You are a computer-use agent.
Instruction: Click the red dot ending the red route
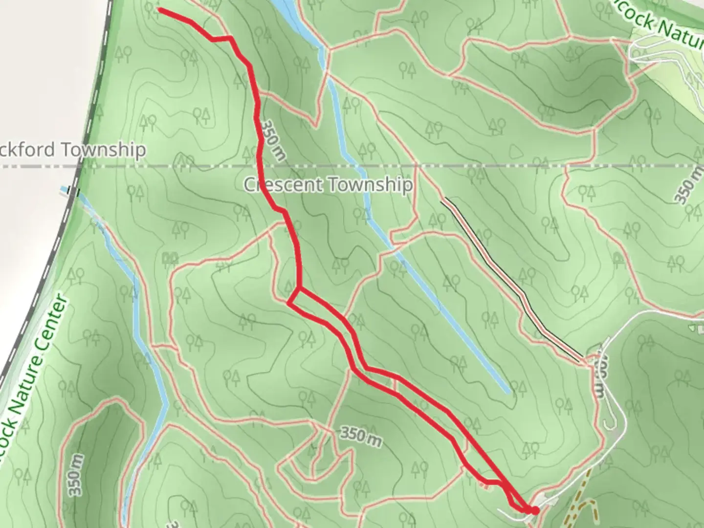tap(535, 510)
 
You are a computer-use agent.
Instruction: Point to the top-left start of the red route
tap(160, 9)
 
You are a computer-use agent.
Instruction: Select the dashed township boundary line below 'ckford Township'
tap(39, 167)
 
